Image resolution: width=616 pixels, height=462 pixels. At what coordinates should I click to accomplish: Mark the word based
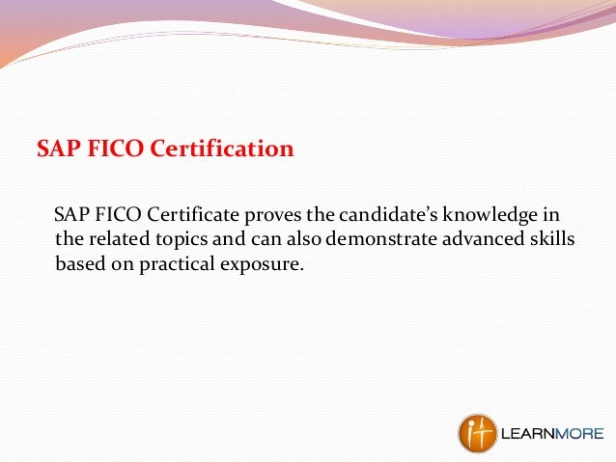coord(78,261)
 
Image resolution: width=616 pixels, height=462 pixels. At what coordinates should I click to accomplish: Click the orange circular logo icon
coord(477,433)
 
